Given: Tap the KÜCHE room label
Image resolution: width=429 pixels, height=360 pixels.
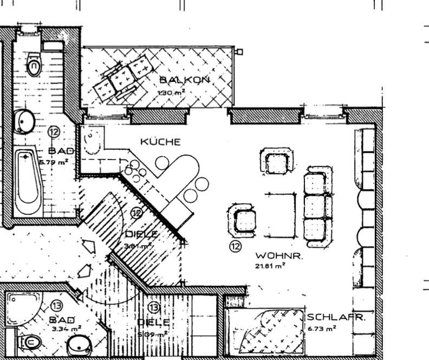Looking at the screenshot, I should tap(160, 142).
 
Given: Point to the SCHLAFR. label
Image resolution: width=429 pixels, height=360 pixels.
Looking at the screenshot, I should tap(336, 318).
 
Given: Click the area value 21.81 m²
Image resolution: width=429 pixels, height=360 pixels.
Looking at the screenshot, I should tap(270, 266).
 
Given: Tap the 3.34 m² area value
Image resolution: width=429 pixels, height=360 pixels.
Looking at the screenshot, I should tap(66, 329).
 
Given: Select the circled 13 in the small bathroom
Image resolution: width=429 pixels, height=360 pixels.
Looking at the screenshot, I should tap(56, 306).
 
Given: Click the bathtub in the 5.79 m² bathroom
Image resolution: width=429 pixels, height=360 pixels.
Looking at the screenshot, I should tap(27, 182).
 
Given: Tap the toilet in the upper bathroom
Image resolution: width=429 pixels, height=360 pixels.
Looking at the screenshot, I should tap(34, 66).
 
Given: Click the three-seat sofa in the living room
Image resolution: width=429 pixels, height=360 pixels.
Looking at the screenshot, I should tap(317, 204).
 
